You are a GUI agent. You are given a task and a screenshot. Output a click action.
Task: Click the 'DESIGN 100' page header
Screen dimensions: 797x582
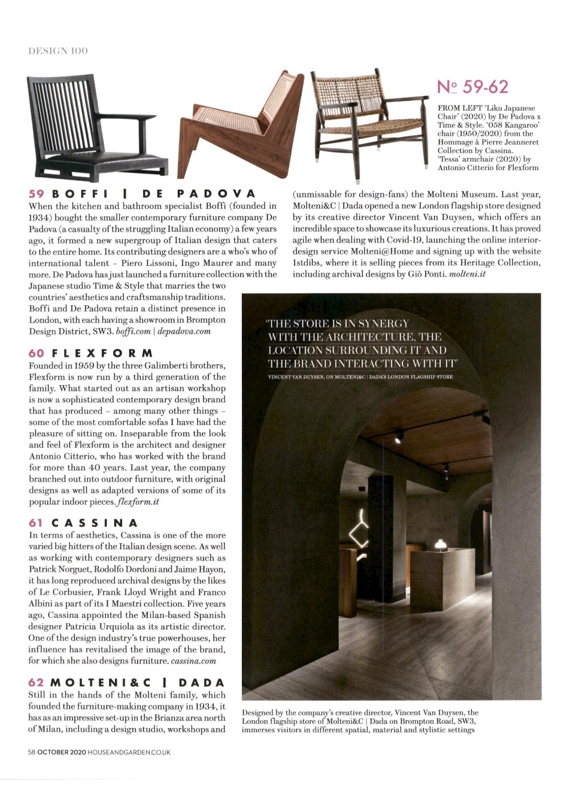57,51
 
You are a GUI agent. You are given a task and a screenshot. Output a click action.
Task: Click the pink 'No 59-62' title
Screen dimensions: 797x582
472,87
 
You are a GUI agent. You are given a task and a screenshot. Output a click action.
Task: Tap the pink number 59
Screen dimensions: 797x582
37,194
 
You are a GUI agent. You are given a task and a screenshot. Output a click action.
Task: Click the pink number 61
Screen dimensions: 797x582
36,523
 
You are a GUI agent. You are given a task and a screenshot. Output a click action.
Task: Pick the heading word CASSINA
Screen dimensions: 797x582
95,523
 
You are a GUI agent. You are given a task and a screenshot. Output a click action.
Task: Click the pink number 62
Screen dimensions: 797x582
36,683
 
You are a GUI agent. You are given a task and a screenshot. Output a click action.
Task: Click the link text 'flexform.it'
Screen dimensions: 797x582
140,502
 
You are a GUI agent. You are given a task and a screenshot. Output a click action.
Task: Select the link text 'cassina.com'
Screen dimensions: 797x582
193,661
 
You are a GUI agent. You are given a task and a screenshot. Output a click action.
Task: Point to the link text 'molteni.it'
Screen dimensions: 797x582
467,274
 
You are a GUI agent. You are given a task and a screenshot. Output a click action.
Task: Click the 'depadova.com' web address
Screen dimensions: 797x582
184,331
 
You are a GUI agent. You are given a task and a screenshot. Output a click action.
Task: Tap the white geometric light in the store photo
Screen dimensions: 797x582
360,531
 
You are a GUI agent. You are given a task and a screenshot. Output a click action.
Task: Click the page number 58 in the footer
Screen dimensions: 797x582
31,752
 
